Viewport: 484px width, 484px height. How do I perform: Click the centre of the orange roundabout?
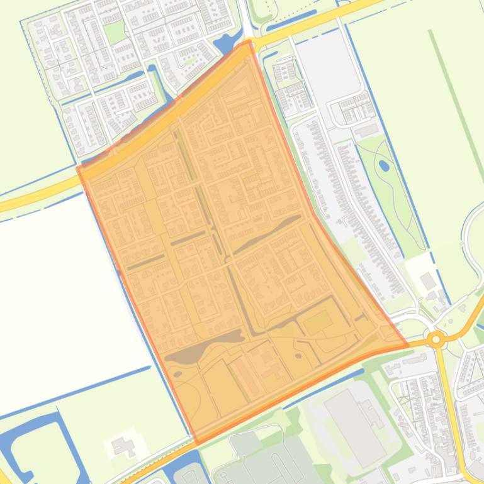(435, 340)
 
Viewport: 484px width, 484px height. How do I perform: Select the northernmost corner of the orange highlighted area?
(250, 41)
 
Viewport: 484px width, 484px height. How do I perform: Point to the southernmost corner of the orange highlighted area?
(196, 444)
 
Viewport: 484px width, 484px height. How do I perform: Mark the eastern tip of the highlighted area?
(408, 344)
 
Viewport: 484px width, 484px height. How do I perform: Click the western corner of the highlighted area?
(77, 168)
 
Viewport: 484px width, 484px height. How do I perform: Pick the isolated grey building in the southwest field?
(122, 446)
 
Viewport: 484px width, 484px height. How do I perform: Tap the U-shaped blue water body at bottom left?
(38, 440)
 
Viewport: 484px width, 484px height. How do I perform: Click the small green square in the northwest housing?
(114, 32)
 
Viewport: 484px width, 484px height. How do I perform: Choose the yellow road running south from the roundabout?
(449, 402)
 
